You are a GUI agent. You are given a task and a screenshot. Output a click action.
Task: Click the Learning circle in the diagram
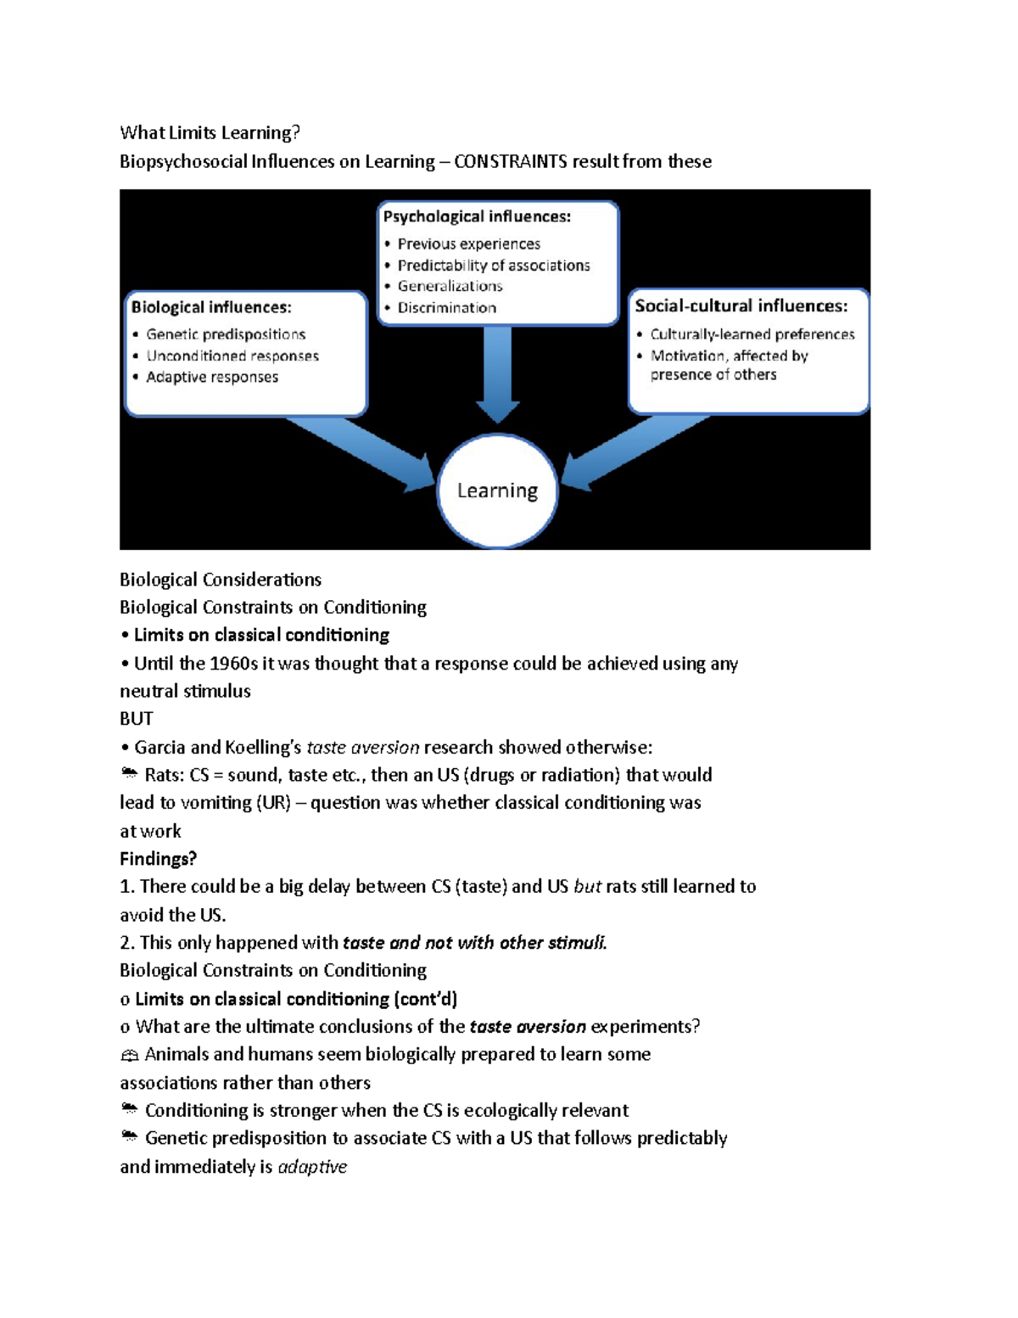coord(497,491)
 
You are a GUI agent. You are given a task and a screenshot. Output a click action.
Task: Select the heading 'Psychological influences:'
coord(477,216)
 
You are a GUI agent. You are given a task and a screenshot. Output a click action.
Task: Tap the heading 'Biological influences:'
coord(211,307)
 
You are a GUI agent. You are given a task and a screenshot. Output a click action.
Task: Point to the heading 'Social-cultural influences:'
coord(741,306)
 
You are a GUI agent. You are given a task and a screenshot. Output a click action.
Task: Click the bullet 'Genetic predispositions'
coord(226,334)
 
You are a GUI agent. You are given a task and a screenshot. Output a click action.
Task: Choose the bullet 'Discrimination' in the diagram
coord(446,308)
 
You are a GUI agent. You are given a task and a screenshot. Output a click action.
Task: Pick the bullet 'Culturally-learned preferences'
coord(752,334)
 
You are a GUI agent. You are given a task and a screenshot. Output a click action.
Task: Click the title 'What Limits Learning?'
coord(210,132)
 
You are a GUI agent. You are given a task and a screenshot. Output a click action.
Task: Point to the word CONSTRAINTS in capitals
coord(510,161)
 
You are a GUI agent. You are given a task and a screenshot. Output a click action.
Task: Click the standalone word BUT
coord(136,719)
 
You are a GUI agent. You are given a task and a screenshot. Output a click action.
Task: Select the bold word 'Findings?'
coord(158,859)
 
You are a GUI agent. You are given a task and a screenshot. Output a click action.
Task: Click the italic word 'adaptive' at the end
coord(312,1167)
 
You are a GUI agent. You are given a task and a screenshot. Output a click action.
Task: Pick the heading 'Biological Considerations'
coord(221,580)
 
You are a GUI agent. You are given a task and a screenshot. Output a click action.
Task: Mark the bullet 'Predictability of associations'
coord(493,266)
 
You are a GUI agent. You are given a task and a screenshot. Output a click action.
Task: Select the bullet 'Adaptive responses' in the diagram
coord(212,377)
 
